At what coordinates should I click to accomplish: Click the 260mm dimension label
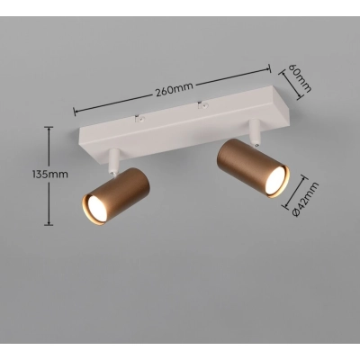(x=174, y=90)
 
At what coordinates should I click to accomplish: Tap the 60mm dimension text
(x=300, y=77)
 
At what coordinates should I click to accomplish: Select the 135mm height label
(x=50, y=175)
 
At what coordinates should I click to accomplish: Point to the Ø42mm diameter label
(x=305, y=200)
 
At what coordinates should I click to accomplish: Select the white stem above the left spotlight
(x=112, y=161)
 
